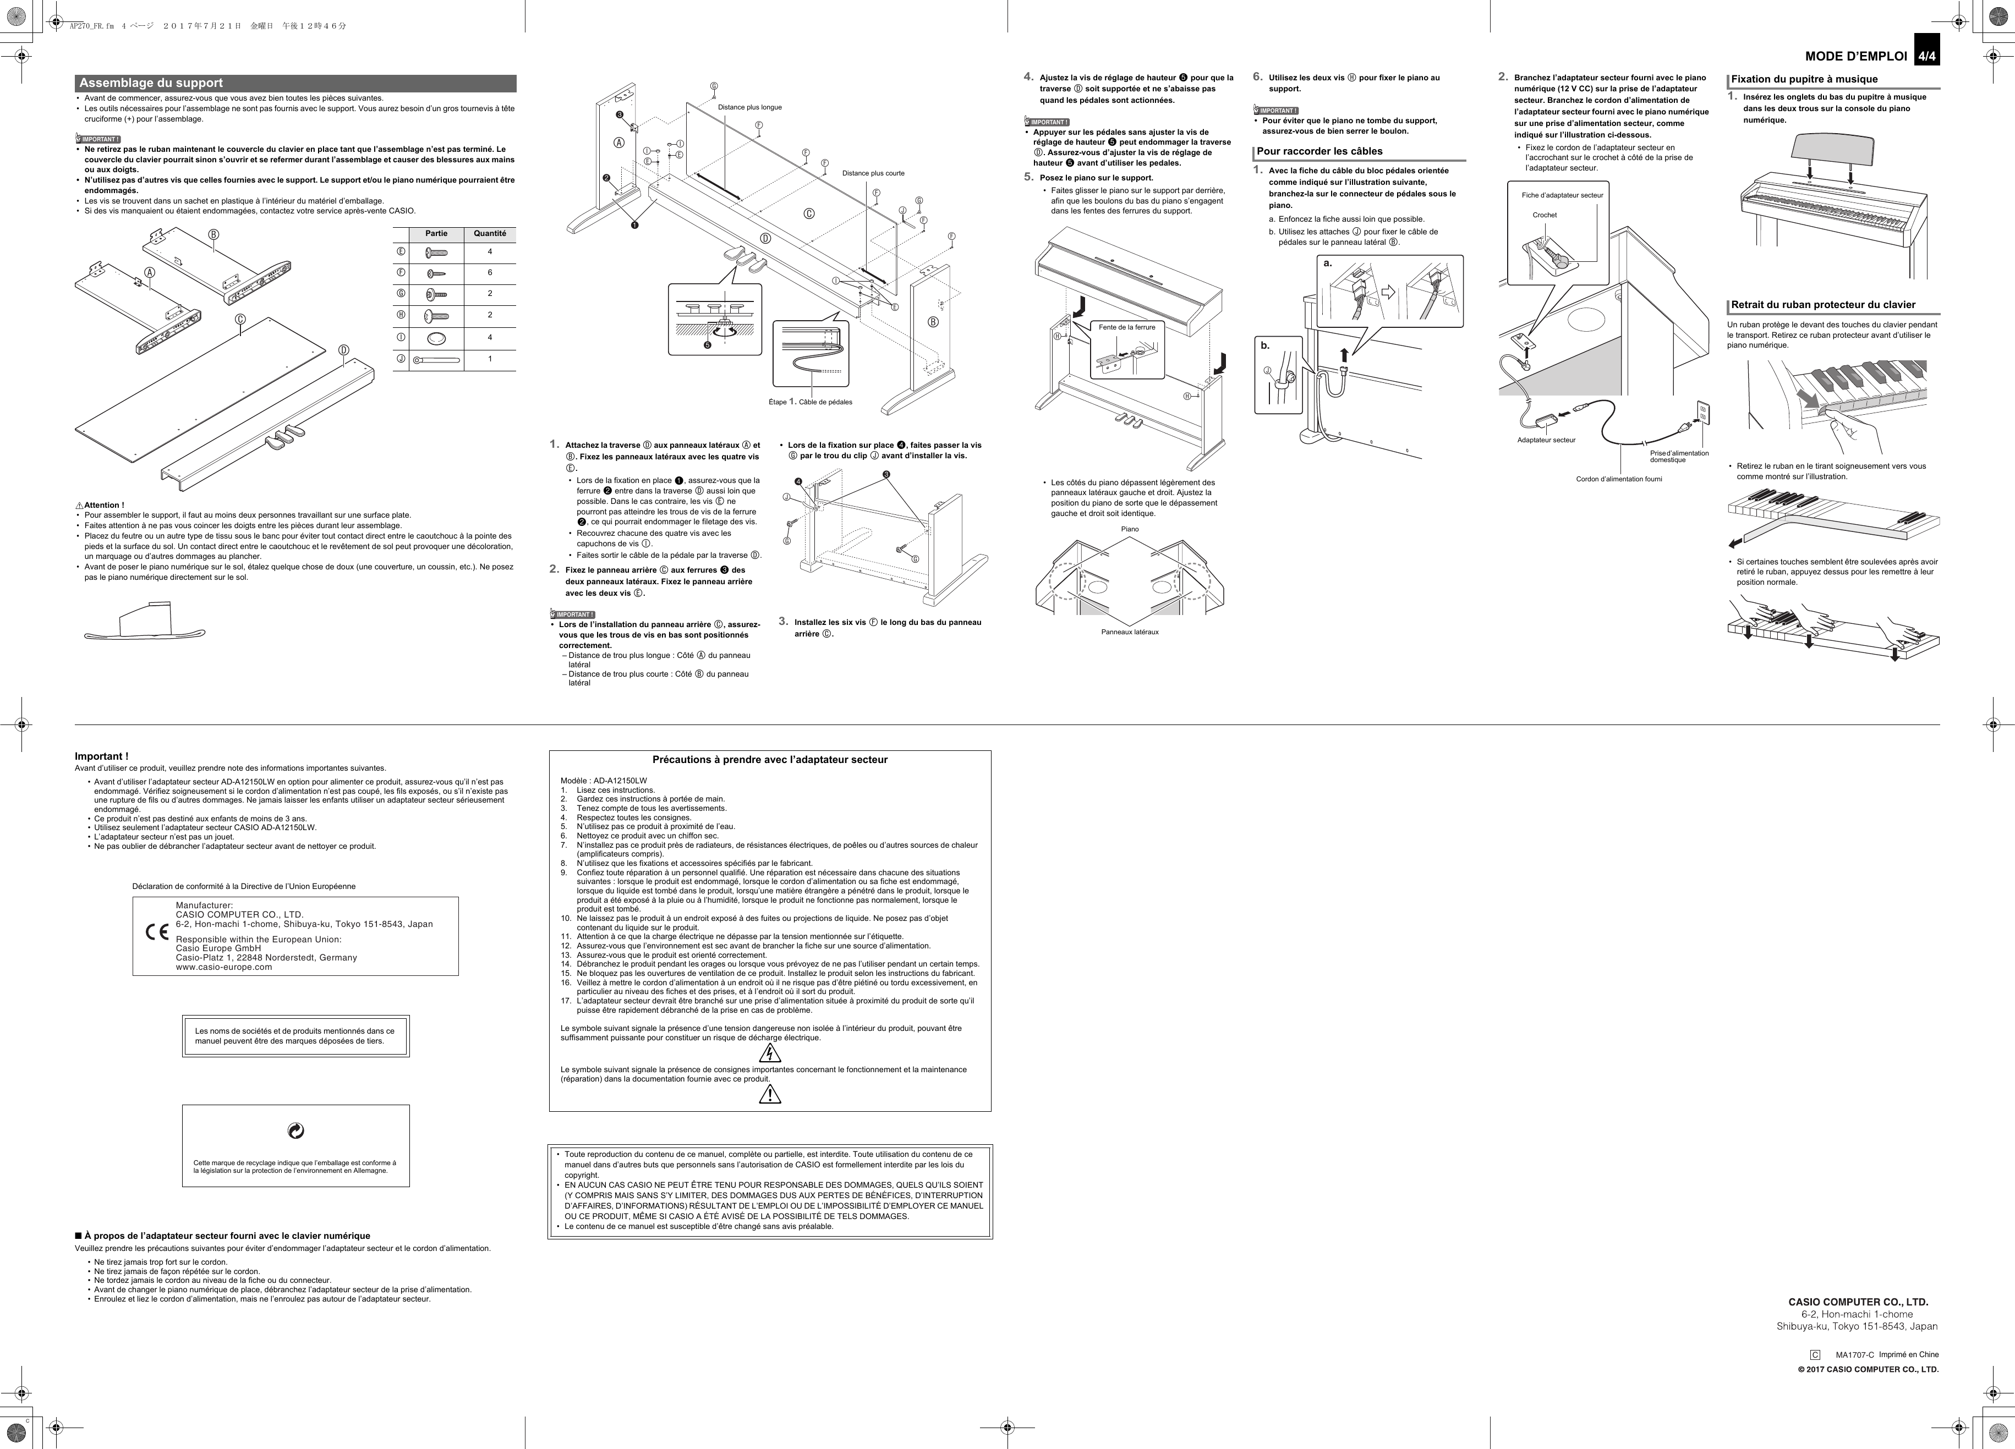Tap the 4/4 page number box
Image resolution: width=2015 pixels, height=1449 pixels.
click(1926, 56)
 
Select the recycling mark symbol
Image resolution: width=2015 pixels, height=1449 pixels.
click(296, 1130)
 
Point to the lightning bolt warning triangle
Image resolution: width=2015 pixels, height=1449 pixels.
click(770, 1053)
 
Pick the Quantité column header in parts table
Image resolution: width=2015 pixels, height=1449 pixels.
click(490, 234)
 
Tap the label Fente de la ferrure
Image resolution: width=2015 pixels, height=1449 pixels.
click(1126, 327)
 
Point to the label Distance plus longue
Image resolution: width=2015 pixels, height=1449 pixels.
click(750, 107)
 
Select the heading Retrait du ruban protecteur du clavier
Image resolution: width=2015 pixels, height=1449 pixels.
click(1823, 305)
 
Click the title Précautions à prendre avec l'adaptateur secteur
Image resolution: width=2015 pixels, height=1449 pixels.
click(769, 760)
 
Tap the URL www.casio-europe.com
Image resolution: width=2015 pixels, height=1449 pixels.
click(224, 968)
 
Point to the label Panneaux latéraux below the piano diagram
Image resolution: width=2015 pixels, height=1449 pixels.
click(1129, 632)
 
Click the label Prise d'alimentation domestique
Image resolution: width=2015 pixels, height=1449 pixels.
click(1678, 455)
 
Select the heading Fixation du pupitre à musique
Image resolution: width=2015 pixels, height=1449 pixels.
click(1804, 79)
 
